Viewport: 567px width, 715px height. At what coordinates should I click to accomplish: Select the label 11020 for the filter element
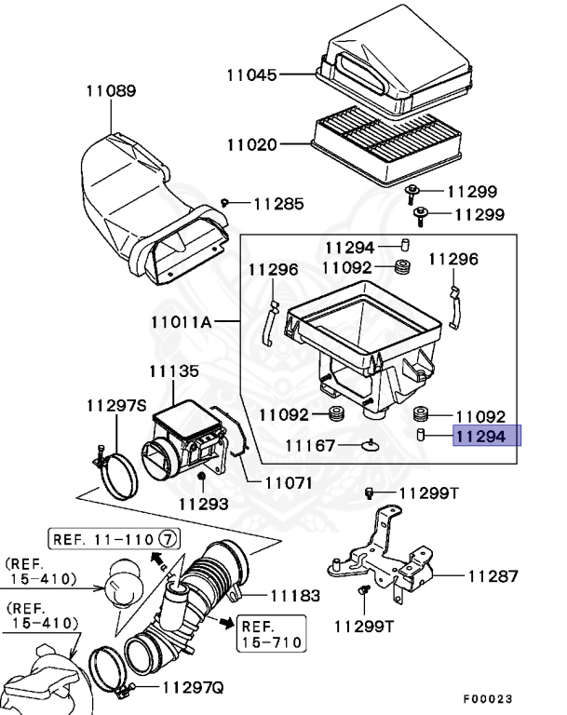252,144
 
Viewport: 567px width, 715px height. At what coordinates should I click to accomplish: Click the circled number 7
167,538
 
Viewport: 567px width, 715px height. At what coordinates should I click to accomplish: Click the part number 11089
111,91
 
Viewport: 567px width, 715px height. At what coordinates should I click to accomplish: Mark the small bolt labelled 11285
225,202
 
